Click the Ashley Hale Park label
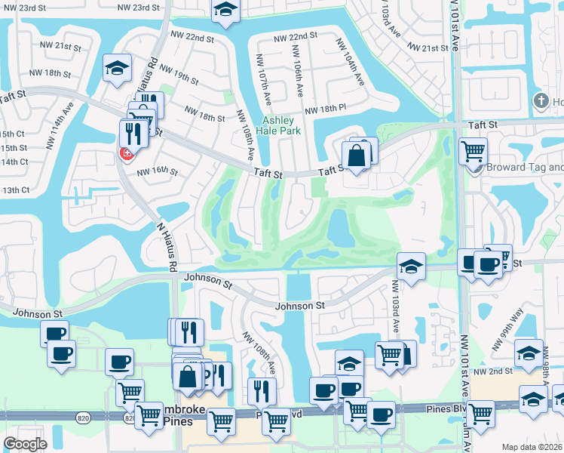280,125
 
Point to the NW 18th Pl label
325,110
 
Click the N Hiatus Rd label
165,246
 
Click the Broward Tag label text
525,168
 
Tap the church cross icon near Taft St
540,101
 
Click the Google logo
24,444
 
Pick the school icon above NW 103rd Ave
411,267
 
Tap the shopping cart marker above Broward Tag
473,150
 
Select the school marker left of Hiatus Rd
118,68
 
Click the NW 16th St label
156,171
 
